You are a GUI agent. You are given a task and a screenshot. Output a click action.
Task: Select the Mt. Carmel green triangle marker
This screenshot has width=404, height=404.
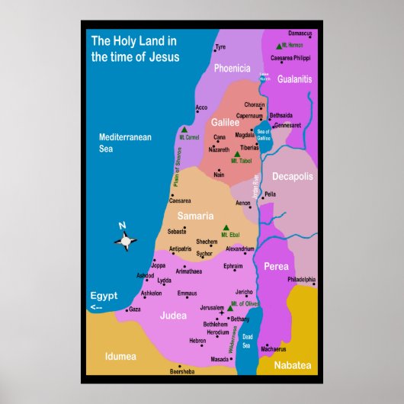[184, 130]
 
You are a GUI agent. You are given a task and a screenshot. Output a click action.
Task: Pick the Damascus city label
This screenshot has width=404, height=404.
[300, 33]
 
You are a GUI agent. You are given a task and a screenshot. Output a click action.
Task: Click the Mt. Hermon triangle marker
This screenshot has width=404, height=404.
[280, 46]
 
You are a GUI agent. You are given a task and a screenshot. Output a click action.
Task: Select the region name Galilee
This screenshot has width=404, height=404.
[225, 122]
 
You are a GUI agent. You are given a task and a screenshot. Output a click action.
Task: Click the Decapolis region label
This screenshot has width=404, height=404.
[292, 176]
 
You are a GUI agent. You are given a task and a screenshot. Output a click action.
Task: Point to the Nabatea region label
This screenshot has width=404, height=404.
[293, 366]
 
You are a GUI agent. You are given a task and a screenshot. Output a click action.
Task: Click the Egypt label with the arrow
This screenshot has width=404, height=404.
[103, 300]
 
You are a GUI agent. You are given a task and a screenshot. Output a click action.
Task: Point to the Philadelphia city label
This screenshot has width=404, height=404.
[300, 280]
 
